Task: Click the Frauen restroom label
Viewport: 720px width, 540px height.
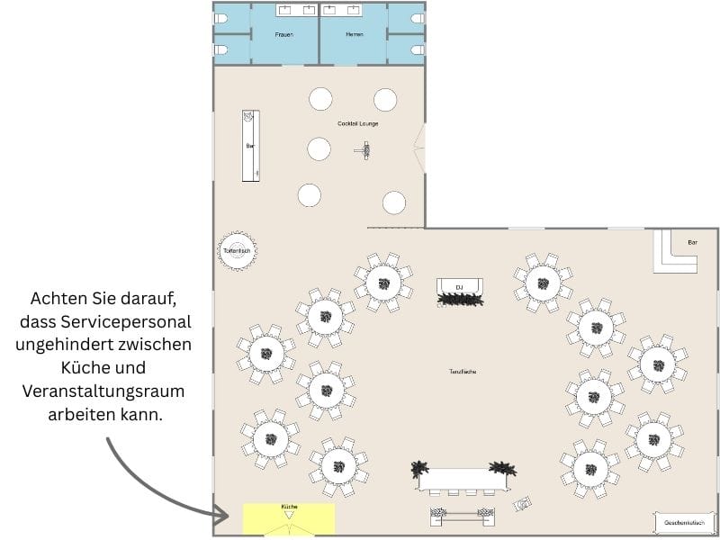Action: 284,34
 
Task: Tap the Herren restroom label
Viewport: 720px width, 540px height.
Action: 354,34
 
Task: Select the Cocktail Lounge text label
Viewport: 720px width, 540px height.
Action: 357,123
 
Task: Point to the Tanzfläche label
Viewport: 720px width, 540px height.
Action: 463,372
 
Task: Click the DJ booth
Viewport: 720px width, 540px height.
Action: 460,289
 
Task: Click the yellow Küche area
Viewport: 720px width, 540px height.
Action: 288,518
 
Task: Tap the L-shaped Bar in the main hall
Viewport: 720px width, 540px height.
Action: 675,252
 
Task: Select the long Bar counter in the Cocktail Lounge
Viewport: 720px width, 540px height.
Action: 250,145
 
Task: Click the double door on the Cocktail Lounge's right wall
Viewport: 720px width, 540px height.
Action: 419,148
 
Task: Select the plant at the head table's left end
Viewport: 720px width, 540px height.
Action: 419,469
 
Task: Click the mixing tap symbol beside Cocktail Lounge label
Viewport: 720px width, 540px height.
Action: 365,151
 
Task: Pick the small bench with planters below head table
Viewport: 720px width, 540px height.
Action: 463,516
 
